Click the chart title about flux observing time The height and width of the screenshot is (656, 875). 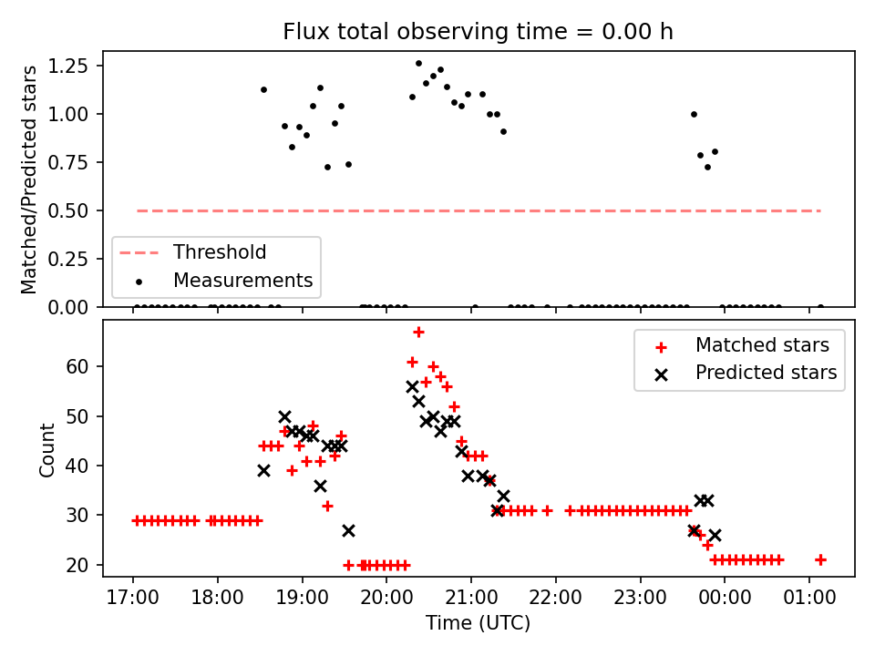tap(478, 32)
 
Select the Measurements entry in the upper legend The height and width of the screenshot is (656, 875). tap(242, 281)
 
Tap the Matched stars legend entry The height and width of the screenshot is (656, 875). tap(762, 345)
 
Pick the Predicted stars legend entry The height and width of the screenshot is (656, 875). tap(766, 373)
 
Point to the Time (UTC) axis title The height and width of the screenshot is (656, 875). tap(478, 624)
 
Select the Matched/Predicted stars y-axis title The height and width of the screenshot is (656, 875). tap(29, 179)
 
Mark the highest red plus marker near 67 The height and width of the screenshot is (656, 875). tap(418, 333)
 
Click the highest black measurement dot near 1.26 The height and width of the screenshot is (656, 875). tap(418, 64)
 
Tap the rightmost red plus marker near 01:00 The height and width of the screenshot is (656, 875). tap(820, 559)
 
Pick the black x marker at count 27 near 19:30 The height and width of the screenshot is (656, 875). tap(348, 530)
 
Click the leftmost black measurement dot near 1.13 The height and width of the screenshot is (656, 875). tap(263, 89)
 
